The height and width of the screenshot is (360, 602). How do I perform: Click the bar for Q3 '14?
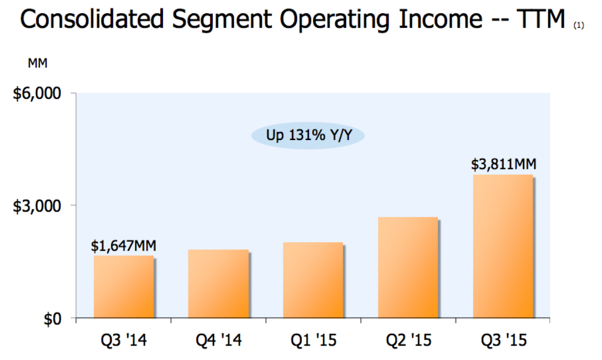[x=123, y=287]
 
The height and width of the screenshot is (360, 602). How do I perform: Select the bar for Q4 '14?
[x=218, y=284]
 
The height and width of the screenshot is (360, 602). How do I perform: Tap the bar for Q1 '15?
[x=312, y=280]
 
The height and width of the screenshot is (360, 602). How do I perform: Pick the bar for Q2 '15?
[x=407, y=267]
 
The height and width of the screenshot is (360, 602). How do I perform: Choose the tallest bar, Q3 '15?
[x=503, y=246]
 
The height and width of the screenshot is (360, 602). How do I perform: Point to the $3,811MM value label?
[x=504, y=165]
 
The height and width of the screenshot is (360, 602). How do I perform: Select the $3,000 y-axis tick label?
[x=37, y=206]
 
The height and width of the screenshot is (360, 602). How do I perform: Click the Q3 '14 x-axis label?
[x=123, y=340]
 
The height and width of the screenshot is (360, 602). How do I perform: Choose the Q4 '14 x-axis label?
[x=218, y=340]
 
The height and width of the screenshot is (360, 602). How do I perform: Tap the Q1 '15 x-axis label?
[x=312, y=340]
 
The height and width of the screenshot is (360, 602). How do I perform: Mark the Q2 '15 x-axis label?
[x=407, y=340]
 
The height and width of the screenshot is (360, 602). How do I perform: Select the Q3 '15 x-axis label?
[x=503, y=340]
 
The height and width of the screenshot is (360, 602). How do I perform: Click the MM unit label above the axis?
[x=38, y=63]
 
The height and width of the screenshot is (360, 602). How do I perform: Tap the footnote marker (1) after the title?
[x=579, y=25]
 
